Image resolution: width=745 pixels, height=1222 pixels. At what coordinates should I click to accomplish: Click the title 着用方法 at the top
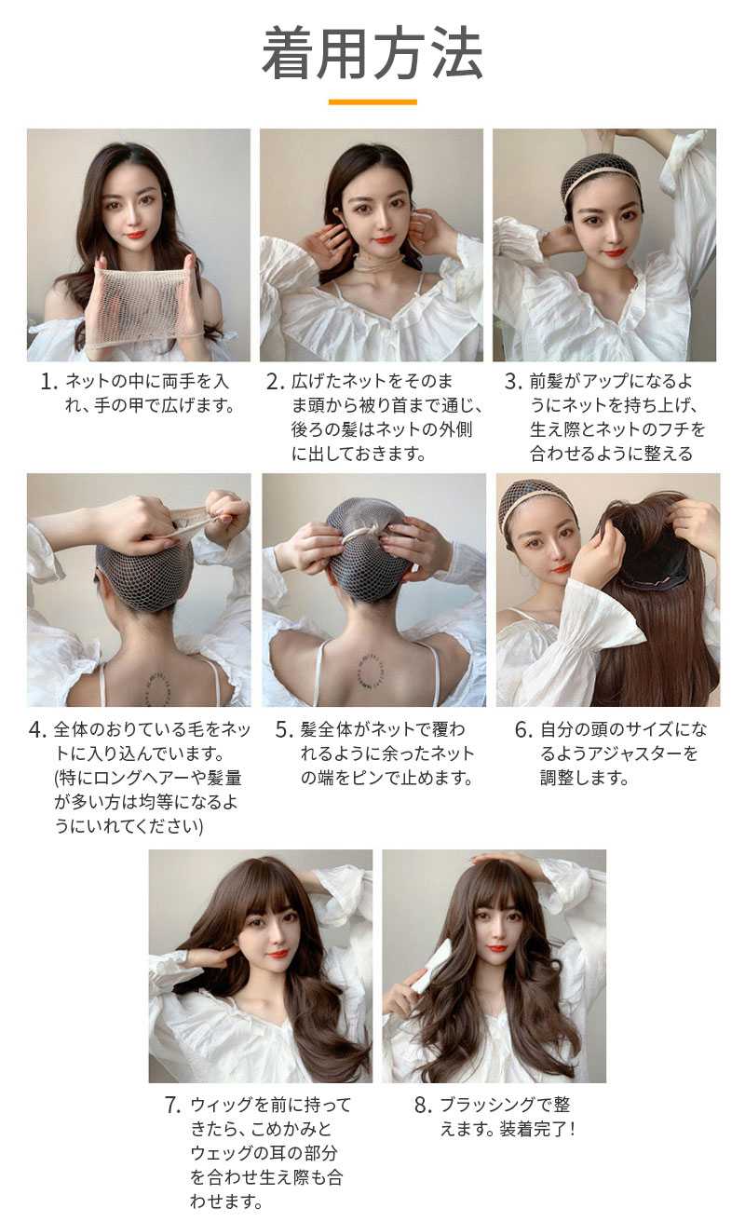pyautogui.click(x=372, y=54)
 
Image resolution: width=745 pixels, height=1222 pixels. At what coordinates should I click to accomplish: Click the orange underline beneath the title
pyautogui.click(x=372, y=102)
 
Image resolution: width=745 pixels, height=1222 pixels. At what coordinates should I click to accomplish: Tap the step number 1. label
pyautogui.click(x=49, y=382)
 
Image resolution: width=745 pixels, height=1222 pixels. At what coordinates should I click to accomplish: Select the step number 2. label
pyautogui.click(x=276, y=382)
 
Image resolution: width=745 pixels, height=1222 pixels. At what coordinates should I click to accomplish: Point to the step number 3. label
pyautogui.click(x=513, y=382)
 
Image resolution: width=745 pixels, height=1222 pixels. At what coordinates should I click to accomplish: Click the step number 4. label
pyautogui.click(x=37, y=730)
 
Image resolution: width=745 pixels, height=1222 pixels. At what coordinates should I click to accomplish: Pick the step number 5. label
pyautogui.click(x=284, y=730)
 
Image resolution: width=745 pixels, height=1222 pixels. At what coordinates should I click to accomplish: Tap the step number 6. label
pyautogui.click(x=523, y=730)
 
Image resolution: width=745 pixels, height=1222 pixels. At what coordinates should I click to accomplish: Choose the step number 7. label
pyautogui.click(x=173, y=1106)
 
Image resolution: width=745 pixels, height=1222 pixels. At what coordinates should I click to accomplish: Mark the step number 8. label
pyautogui.click(x=423, y=1106)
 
